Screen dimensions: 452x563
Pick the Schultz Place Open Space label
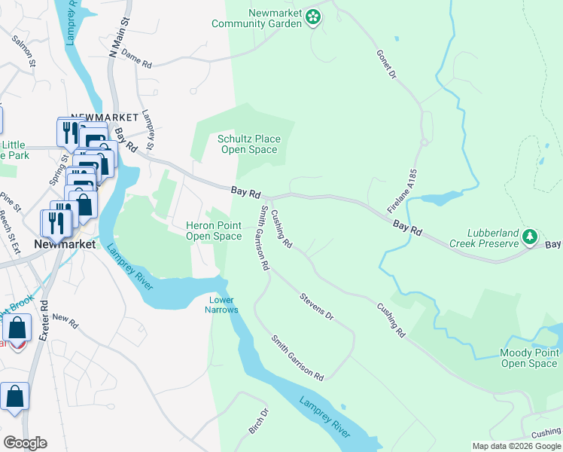pos(249,144)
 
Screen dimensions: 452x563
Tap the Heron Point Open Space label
pos(214,231)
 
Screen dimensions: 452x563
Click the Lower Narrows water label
pos(223,304)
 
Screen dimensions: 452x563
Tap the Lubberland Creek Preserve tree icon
pos(530,238)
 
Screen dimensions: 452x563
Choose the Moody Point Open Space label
pos(529,358)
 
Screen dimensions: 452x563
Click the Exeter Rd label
pos(44,319)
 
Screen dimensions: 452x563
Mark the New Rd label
pos(65,322)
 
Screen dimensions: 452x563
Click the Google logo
pos(24,442)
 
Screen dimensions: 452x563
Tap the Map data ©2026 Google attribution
pos(516,446)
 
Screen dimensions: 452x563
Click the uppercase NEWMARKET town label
pos(105,118)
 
